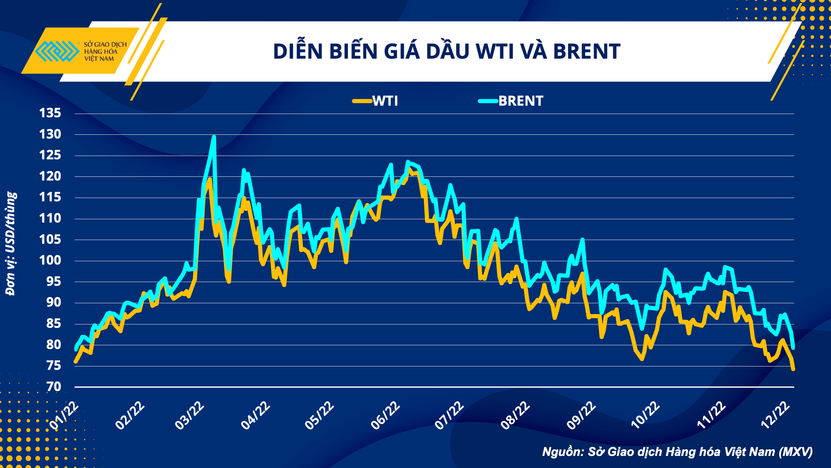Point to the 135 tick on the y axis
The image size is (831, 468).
tap(50, 113)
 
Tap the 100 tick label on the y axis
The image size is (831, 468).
tap(50, 260)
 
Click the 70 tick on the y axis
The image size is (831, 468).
tap(54, 387)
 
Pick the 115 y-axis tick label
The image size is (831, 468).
tap(50, 197)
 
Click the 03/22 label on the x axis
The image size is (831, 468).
tap(189, 416)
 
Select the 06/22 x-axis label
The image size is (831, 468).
tap(385, 416)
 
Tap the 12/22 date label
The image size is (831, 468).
tap(775, 416)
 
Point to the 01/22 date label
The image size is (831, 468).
tap(64, 416)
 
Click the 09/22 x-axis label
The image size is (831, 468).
tap(581, 416)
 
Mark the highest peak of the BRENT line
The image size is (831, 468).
tap(214, 136)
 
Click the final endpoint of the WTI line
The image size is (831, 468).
tap(793, 369)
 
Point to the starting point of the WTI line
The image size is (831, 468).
tap(75, 362)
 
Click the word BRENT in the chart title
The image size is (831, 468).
tap(587, 52)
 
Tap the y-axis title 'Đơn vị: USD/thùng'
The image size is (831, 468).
tap(11, 244)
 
